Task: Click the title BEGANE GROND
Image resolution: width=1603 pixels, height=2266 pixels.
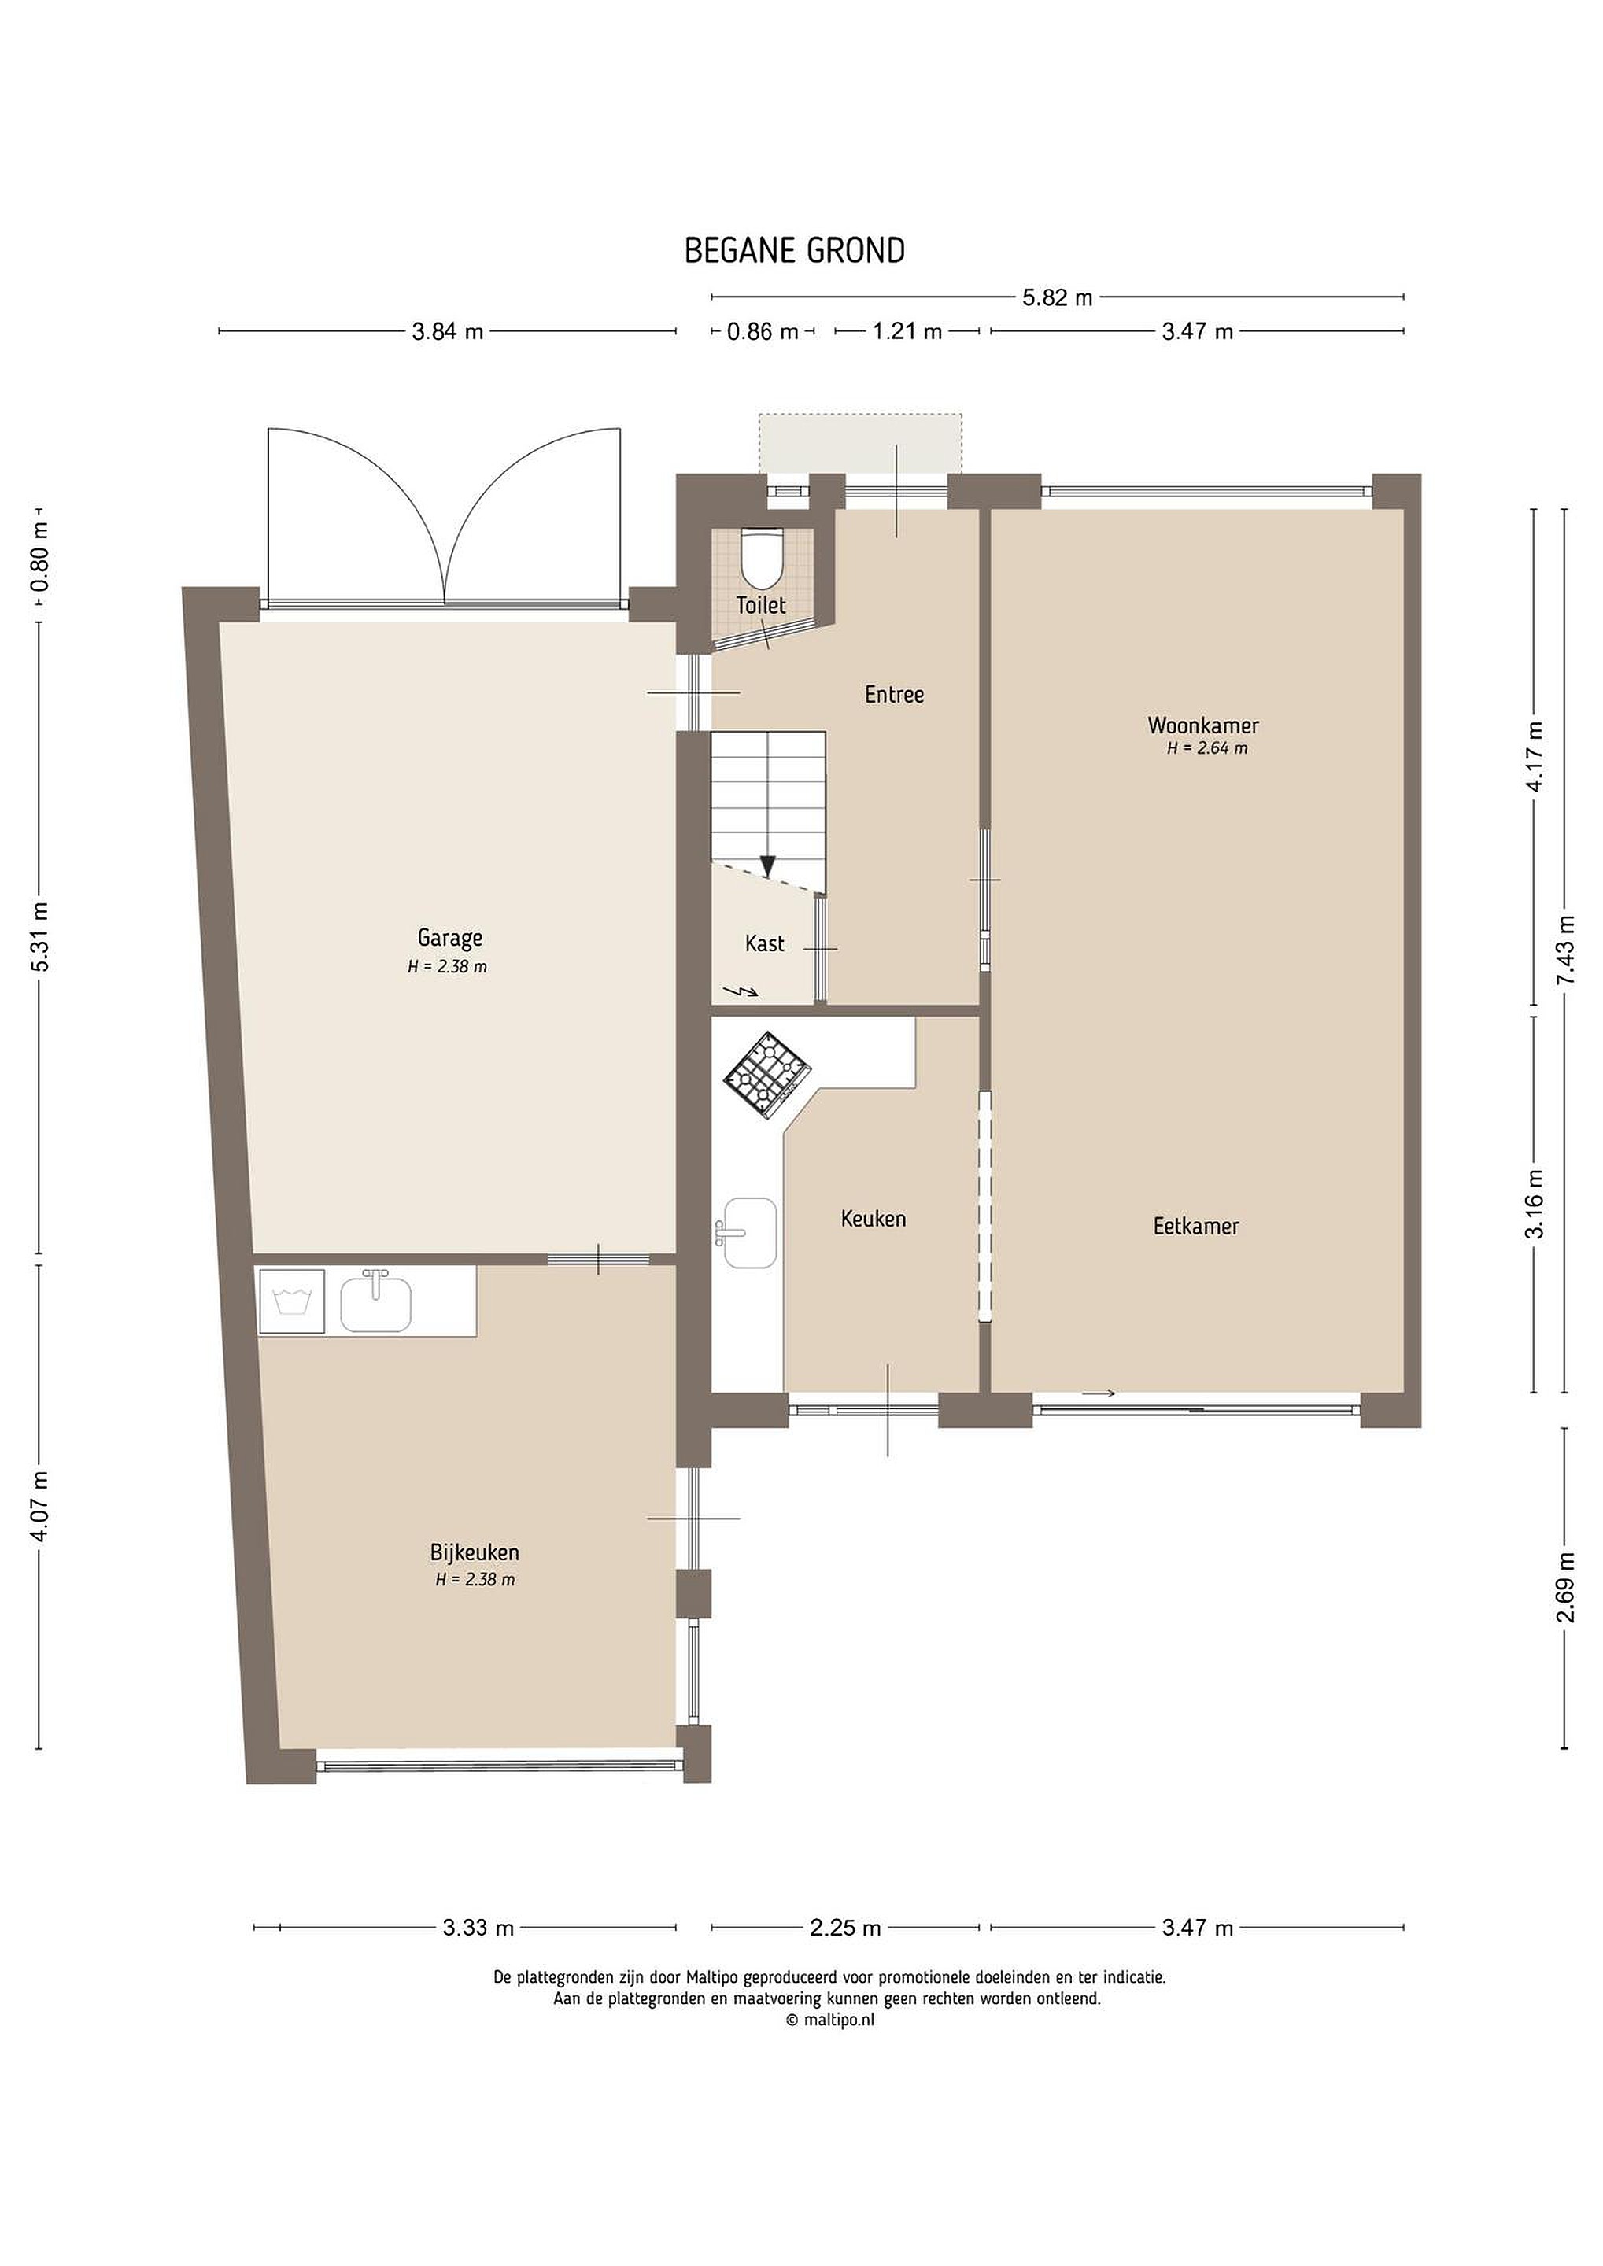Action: (x=795, y=251)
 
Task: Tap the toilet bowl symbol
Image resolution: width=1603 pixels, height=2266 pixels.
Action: (x=761, y=558)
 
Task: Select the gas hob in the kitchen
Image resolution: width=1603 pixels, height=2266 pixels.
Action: (x=767, y=1075)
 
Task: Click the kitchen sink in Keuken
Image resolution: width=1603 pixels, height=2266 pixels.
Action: (x=748, y=1233)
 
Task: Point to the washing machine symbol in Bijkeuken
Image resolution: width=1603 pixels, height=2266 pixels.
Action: (x=290, y=1301)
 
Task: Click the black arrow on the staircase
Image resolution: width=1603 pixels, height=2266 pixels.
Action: (x=768, y=865)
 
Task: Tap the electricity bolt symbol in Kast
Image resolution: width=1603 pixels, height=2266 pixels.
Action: (x=741, y=990)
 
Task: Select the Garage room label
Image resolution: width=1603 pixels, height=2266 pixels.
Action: (x=450, y=938)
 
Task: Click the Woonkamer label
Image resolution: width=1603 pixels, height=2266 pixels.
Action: (x=1203, y=725)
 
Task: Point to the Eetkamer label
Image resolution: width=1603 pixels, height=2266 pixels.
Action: (x=1196, y=1226)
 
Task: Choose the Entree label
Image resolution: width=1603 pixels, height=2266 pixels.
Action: (x=894, y=695)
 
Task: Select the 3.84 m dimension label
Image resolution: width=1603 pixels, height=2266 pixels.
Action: (x=447, y=331)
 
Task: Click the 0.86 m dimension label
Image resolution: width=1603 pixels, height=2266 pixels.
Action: (x=762, y=331)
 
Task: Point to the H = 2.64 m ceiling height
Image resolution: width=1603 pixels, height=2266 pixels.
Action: (x=1206, y=748)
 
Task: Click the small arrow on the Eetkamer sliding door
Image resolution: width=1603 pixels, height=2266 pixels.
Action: (x=1099, y=1393)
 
